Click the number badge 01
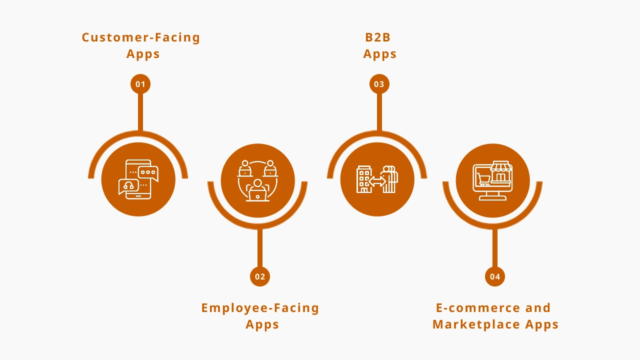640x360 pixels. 140,84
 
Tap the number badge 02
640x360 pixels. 260,276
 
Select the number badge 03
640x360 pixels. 379,84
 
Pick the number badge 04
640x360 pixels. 495,276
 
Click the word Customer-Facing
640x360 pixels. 141,37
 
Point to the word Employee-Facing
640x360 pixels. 260,308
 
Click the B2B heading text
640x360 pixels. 378,37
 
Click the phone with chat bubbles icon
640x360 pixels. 138,179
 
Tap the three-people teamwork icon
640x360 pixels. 257,180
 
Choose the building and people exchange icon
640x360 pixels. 377,179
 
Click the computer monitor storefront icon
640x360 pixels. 493,180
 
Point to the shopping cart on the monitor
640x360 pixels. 483,179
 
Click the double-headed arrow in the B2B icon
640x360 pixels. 377,181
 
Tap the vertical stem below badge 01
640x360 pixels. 140,112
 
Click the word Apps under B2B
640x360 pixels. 380,54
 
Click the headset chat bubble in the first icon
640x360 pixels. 128,186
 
